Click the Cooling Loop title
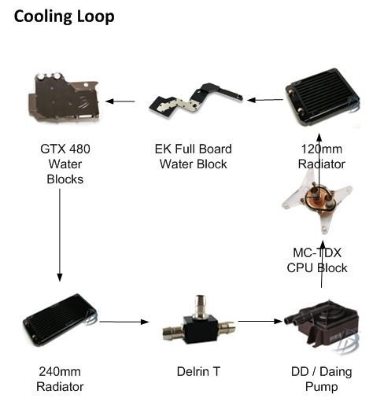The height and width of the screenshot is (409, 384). (x=64, y=17)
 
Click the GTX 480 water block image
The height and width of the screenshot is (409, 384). (x=64, y=98)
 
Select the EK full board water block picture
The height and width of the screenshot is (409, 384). (x=195, y=101)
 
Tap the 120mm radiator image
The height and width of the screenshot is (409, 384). (x=323, y=98)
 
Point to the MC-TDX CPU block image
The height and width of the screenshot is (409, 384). (x=317, y=201)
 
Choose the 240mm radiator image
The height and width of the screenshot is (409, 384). (x=60, y=319)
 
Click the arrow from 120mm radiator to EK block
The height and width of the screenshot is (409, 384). (x=265, y=100)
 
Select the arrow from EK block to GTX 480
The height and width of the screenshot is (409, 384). (x=120, y=101)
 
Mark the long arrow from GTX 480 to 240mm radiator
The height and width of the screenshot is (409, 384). (x=60, y=235)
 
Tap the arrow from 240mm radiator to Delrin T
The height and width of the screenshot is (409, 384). (x=124, y=322)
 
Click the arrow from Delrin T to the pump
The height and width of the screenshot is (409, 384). (x=260, y=321)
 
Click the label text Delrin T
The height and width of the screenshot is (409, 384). (x=198, y=371)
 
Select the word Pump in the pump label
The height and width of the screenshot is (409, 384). (x=322, y=387)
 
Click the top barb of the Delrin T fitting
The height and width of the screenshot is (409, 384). (x=199, y=304)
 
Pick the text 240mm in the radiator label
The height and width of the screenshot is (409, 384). (x=60, y=371)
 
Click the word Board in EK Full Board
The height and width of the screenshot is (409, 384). (x=216, y=149)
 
